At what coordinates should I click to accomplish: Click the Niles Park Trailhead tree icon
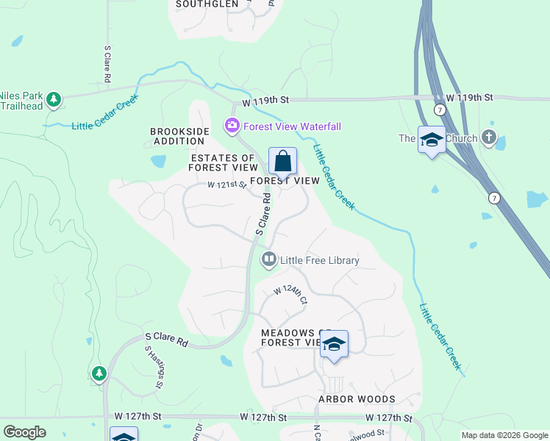53,98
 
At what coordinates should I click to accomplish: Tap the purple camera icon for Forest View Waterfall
232,126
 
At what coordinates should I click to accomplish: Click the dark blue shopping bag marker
282,161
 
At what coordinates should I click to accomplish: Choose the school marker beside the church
432,140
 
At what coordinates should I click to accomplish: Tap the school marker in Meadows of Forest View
334,345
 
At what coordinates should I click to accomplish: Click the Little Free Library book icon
269,259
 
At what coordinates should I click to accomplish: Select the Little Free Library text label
320,260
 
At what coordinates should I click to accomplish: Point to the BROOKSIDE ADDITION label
179,136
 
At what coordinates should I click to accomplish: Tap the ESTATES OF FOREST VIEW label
224,162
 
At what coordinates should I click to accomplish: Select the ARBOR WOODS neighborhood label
357,399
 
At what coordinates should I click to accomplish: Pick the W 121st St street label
226,184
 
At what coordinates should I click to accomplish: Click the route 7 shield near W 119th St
439,110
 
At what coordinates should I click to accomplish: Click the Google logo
24,432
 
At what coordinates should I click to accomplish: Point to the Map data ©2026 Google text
504,435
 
